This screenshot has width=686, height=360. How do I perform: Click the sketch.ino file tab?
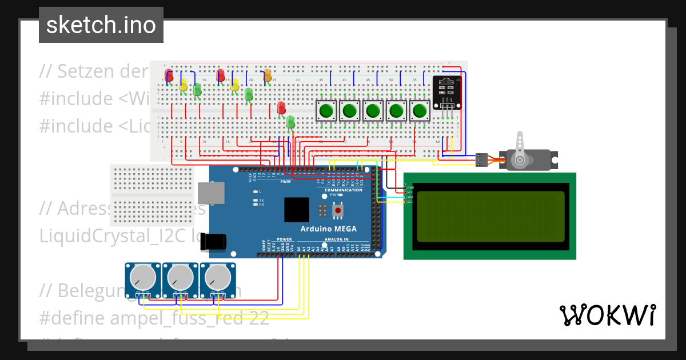pos(101,25)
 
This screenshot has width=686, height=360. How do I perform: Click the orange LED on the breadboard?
pos(267,75)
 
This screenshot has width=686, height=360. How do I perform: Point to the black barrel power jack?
pos(217,242)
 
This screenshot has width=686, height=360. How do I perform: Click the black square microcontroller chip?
pos(297,210)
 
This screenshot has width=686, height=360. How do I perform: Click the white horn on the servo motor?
pos(520,150)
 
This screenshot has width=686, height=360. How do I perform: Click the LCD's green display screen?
pos(490,220)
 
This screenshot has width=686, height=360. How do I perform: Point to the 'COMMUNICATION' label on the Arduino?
pos(344,190)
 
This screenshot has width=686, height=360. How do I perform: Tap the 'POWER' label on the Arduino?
pos(284,239)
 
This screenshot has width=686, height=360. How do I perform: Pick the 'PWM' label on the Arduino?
pos(285,182)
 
